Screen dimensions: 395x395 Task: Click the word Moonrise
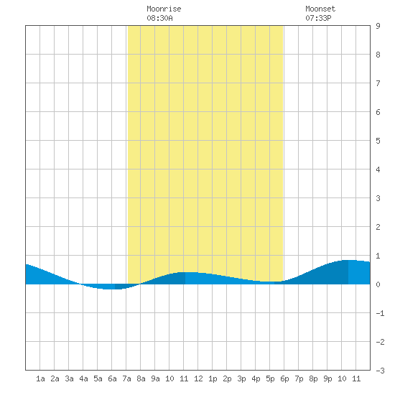(x=164, y=9)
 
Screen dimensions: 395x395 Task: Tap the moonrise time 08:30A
(x=159, y=18)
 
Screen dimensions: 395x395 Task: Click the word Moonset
(x=320, y=9)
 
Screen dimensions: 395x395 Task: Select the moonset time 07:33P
(x=318, y=18)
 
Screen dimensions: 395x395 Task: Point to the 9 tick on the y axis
(x=378, y=26)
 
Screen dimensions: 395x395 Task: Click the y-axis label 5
(x=378, y=141)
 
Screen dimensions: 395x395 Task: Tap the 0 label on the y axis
(x=378, y=284)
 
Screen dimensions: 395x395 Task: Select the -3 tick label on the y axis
(x=380, y=371)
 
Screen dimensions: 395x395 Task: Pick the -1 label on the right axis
(x=380, y=313)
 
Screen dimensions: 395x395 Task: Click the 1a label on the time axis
(x=40, y=378)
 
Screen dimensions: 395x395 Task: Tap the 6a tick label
(x=112, y=378)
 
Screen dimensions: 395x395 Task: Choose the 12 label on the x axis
(x=198, y=378)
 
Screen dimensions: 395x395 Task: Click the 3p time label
(x=241, y=378)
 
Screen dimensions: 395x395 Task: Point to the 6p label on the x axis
(x=284, y=378)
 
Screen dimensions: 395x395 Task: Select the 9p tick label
(x=327, y=378)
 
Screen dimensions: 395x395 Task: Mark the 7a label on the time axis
(x=126, y=378)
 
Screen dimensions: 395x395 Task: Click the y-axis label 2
(x=378, y=227)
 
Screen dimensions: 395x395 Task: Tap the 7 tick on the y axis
(x=378, y=83)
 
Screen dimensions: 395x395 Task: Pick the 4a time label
(x=83, y=378)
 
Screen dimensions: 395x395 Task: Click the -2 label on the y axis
(x=380, y=342)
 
